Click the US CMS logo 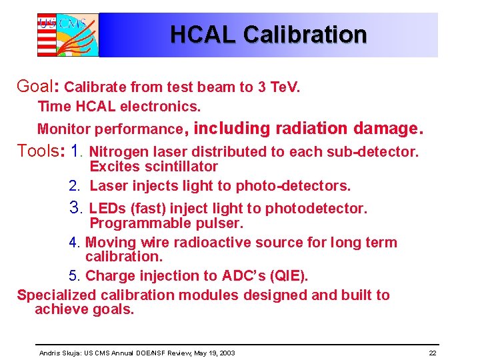pos(67,35)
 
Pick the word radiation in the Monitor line pos(318,127)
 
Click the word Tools pos(39,151)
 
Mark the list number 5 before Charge pos(73,276)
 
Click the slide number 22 pos(433,353)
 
